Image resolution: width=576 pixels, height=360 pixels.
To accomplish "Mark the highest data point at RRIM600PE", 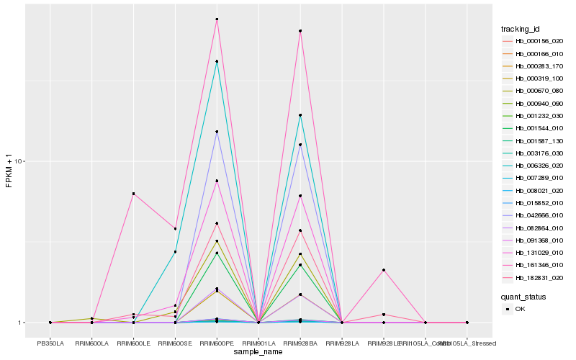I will (217, 19).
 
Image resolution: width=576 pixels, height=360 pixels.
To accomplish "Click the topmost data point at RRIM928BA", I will (300, 31).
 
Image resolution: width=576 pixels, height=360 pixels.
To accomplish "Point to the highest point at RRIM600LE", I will (134, 194).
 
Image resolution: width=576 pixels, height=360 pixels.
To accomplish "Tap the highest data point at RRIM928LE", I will (384, 270).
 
